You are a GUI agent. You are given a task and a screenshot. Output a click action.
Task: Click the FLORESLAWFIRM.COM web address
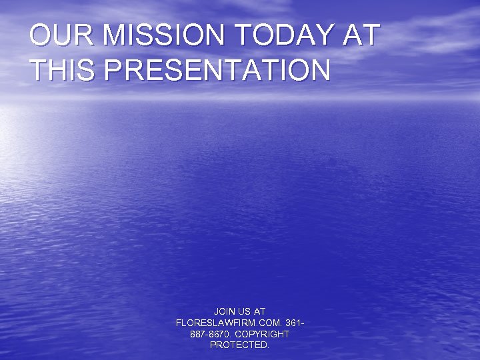229,323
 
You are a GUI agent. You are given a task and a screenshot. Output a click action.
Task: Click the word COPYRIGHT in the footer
262,334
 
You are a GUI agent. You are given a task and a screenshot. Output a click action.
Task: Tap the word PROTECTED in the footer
239,345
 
